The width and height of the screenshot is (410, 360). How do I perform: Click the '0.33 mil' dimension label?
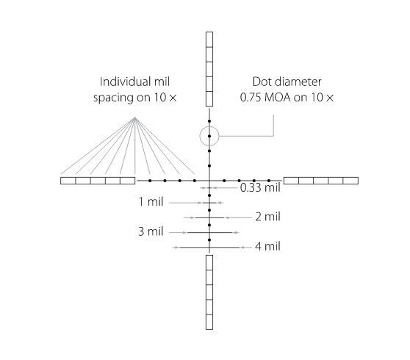pyautogui.click(x=260, y=187)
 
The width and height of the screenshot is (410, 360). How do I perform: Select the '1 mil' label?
pyautogui.click(x=151, y=202)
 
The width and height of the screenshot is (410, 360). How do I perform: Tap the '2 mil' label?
pyautogui.click(x=267, y=217)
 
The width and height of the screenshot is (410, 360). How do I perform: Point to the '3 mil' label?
pyautogui.click(x=151, y=231)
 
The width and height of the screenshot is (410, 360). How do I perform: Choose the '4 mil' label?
pyautogui.click(x=267, y=247)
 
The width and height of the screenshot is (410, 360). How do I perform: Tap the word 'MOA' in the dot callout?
pyautogui.click(x=278, y=98)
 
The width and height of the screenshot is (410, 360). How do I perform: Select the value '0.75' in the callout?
pyautogui.click(x=251, y=98)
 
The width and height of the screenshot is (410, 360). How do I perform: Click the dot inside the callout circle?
pyautogui.click(x=209, y=136)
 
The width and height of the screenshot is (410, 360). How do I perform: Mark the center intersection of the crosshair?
pyautogui.click(x=209, y=181)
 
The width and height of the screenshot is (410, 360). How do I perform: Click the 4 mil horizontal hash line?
pyautogui.click(x=209, y=248)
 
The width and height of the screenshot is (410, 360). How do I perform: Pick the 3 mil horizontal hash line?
pyautogui.click(x=209, y=232)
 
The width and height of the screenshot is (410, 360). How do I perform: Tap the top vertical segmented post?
pyautogui.click(x=209, y=69)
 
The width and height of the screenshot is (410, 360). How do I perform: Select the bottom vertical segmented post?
pyautogui.click(x=209, y=292)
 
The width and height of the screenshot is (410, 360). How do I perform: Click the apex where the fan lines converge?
pyautogui.click(x=134, y=118)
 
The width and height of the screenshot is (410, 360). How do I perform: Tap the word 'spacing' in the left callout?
pyautogui.click(x=113, y=98)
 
